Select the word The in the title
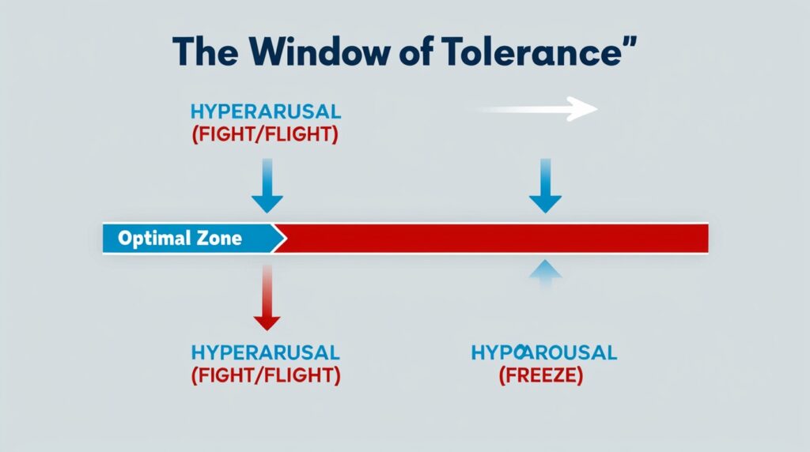tap(210, 51)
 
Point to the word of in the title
tap(414, 51)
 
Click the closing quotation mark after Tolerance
tap(629, 41)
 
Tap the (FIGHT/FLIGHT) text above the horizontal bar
tap(265, 134)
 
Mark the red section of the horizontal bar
tap(490, 238)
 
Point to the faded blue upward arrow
tap(544, 277)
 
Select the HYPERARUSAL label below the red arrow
tap(265, 352)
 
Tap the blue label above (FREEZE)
tap(543, 352)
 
